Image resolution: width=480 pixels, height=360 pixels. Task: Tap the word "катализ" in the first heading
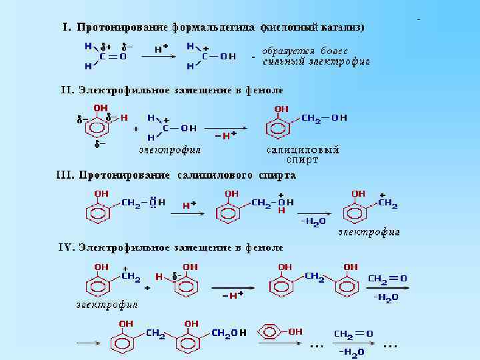tap(340, 27)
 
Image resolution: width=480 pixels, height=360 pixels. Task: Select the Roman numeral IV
tap(65, 247)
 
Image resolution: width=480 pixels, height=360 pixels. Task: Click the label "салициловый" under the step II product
tap(303, 150)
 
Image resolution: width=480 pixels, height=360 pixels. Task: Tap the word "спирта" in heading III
tap(276, 176)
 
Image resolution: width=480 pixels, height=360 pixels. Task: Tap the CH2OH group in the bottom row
tap(229, 332)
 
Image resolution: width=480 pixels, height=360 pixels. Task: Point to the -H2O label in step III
tap(313, 221)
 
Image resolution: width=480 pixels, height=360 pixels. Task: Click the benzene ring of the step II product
tap(281, 127)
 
